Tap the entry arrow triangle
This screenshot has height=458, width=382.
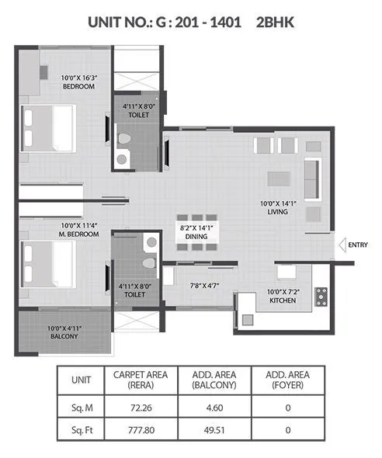click(x=341, y=245)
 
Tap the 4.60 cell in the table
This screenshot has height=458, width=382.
click(x=213, y=404)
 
